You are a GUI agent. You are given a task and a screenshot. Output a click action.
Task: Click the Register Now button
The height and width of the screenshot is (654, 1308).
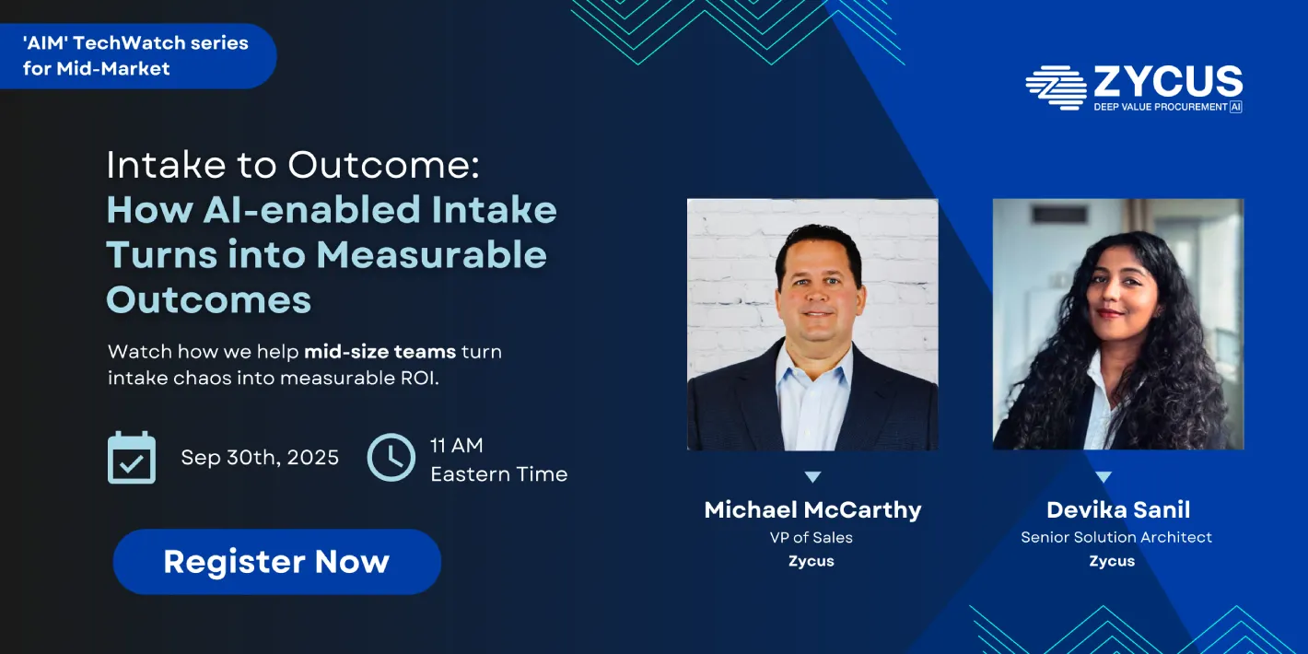(x=276, y=562)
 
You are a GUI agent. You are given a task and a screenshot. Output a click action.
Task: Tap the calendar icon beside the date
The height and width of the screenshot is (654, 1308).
(x=132, y=458)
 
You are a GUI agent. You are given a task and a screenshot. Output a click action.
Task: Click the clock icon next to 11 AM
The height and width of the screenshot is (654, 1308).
(x=391, y=458)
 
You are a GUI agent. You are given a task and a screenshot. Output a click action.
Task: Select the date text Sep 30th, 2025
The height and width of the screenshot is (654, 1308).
(x=260, y=458)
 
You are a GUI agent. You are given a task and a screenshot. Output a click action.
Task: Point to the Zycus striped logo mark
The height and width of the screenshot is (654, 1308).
(x=1056, y=88)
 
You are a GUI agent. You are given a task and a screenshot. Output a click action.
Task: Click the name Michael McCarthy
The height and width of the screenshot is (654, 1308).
(x=812, y=510)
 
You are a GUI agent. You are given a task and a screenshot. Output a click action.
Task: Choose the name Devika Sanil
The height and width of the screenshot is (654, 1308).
(x=1117, y=510)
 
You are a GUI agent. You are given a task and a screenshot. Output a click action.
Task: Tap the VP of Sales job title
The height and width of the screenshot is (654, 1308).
(x=812, y=537)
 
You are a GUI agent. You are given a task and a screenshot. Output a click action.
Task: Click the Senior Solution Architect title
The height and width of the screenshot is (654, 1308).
(x=1116, y=537)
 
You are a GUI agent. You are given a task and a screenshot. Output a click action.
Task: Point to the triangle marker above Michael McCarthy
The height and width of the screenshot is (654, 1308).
(x=812, y=477)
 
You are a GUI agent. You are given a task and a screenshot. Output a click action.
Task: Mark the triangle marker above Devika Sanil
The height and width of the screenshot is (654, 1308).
(x=1104, y=477)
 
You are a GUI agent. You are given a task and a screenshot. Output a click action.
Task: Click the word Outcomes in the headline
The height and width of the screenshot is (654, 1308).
(x=209, y=299)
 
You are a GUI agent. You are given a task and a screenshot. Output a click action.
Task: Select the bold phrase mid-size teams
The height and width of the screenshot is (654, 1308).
(x=380, y=352)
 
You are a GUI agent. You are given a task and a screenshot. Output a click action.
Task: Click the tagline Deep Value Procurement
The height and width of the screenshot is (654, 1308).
(x=1161, y=108)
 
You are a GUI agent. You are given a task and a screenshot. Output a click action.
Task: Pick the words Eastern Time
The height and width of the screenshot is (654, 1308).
(x=498, y=475)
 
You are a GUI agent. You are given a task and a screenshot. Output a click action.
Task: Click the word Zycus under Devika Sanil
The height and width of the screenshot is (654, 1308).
(x=1112, y=561)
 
